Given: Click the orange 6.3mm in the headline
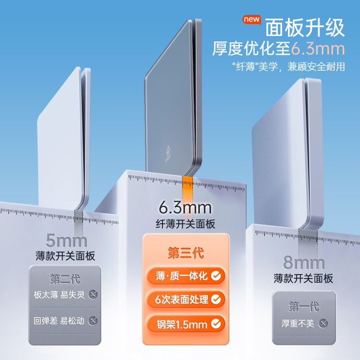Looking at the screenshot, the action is click(x=318, y=48).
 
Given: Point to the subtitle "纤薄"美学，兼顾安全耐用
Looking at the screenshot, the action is click(x=288, y=67).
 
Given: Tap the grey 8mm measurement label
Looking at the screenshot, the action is click(x=304, y=262).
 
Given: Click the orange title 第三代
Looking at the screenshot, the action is click(x=185, y=253).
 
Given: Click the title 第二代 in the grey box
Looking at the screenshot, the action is click(x=65, y=279).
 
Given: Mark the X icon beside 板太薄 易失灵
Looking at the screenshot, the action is click(x=93, y=295).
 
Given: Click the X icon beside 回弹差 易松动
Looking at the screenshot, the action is click(x=93, y=321).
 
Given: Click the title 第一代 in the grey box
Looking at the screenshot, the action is click(x=304, y=307).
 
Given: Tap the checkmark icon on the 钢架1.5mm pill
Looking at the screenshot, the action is click(x=216, y=322).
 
